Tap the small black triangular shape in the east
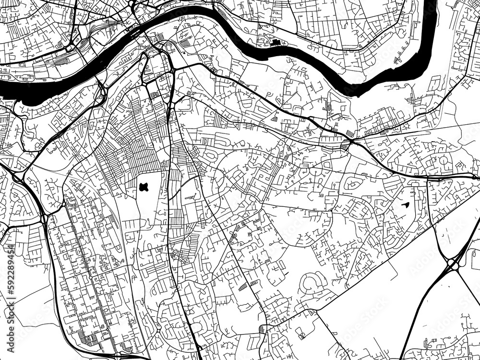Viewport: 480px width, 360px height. point(404,205)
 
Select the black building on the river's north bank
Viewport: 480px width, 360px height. point(276,44)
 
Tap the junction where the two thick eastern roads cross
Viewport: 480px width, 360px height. point(352,142)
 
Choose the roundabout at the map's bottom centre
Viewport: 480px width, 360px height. point(262,329)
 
